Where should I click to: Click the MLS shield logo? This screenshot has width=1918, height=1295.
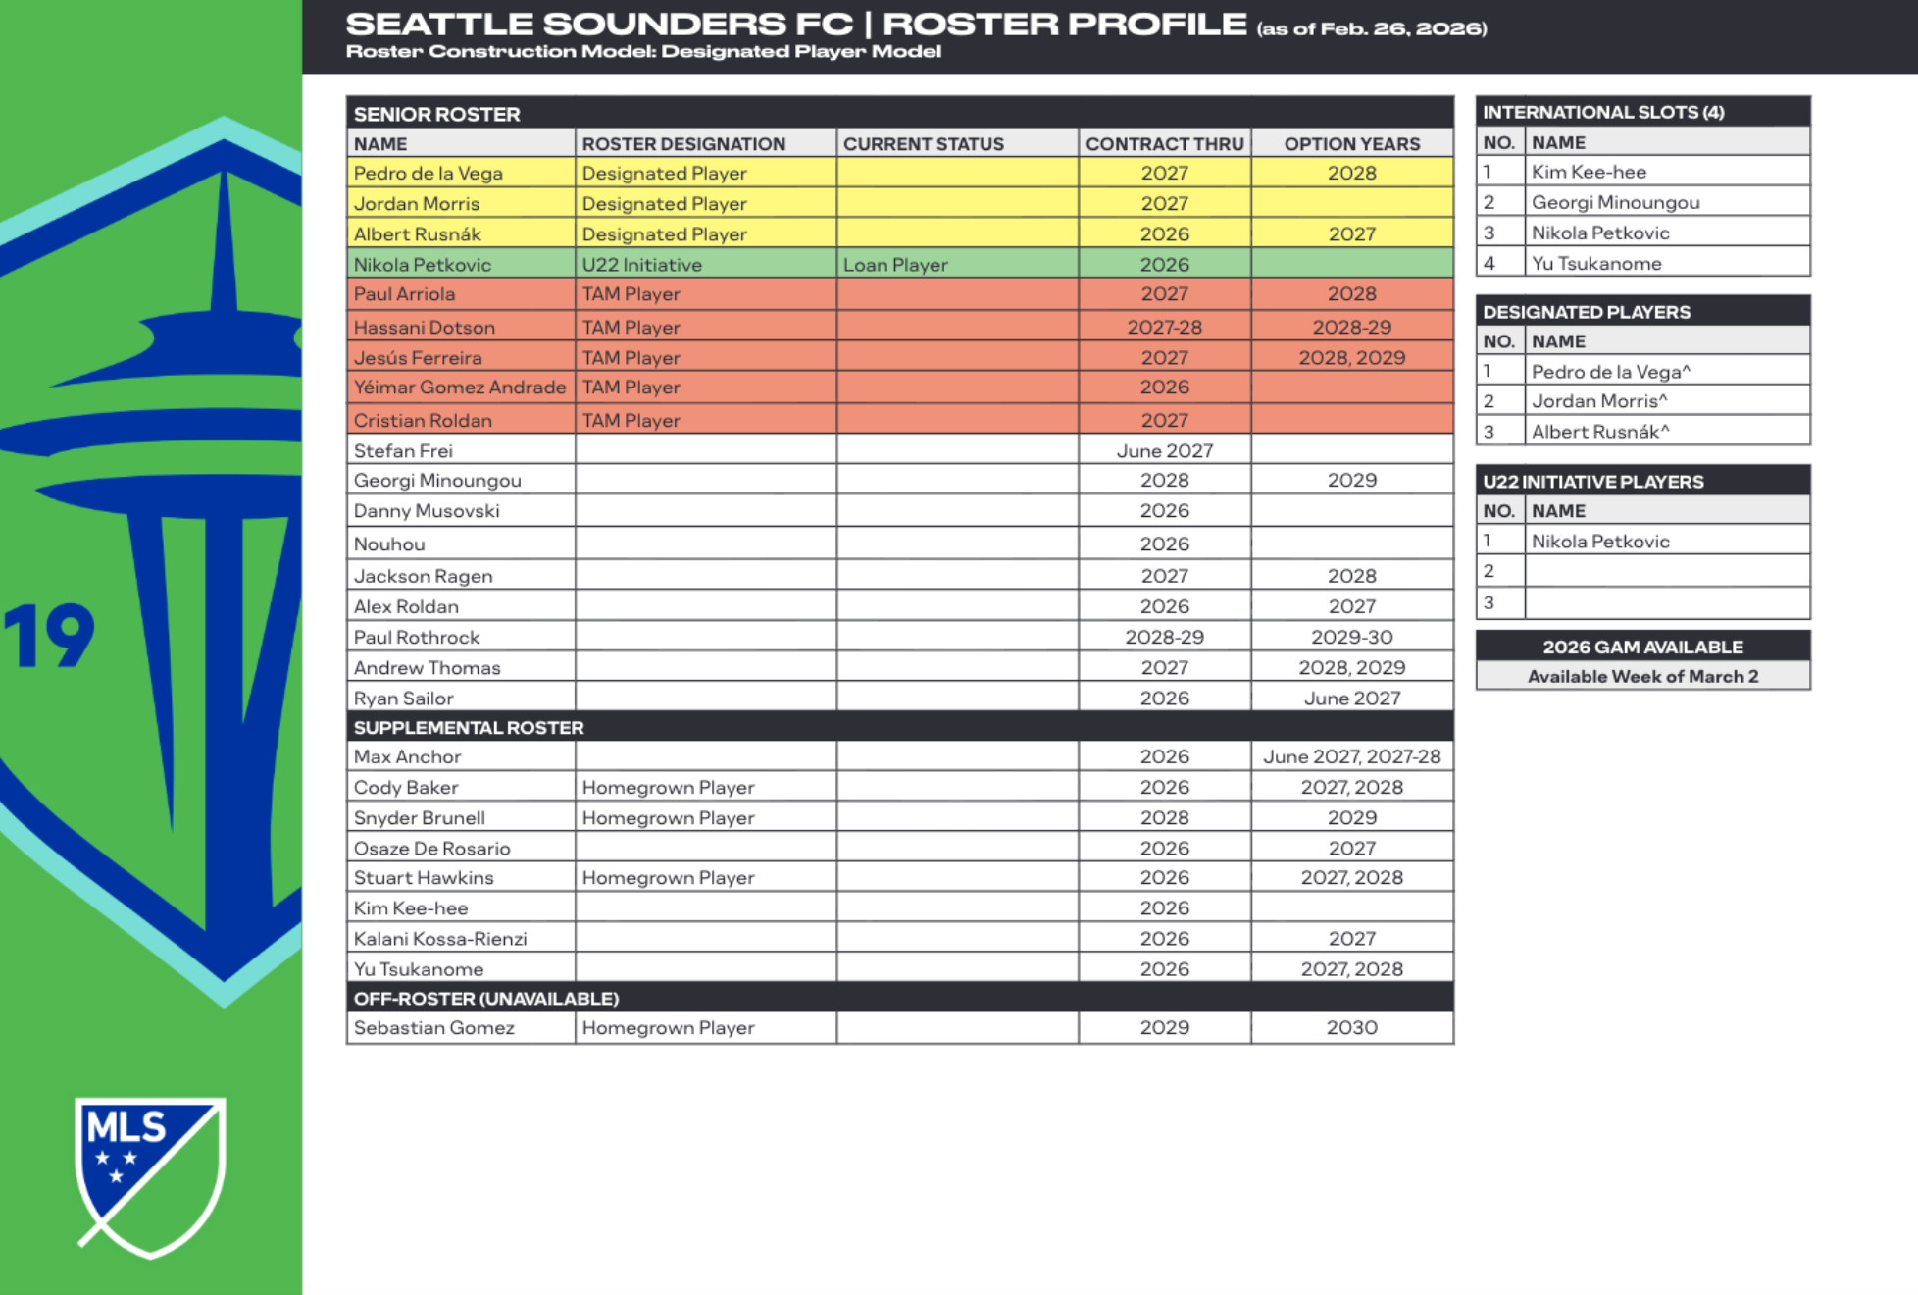150,1175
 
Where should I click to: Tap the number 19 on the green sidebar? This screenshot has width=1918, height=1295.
49,636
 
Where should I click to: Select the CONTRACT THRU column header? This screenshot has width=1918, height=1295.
1164,144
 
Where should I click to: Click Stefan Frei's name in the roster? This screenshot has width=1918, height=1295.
403,451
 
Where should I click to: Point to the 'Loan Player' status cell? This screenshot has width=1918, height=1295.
895,265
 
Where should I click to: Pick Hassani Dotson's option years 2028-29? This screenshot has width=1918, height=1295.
1351,328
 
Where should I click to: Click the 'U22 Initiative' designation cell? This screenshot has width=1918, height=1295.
641,265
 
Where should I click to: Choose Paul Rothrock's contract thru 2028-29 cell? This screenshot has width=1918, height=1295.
1164,638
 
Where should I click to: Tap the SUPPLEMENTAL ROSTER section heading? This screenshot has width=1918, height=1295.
469,728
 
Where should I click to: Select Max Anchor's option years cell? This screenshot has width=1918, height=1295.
1351,757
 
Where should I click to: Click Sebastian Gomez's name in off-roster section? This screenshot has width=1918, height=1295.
433,1028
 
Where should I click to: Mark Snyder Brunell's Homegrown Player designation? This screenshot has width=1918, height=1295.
668,818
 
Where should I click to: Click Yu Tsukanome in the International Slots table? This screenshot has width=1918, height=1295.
1595,264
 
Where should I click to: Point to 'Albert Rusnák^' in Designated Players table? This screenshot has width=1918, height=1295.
1599,432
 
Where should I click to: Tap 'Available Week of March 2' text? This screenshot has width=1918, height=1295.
1642,677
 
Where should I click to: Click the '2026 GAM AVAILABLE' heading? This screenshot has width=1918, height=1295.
1642,647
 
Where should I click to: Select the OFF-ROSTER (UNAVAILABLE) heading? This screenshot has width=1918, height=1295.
485,999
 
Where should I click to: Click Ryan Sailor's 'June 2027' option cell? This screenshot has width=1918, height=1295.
1351,699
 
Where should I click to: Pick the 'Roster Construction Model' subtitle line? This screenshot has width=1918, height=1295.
643,52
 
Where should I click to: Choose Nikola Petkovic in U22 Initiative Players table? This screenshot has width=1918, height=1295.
1599,542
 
